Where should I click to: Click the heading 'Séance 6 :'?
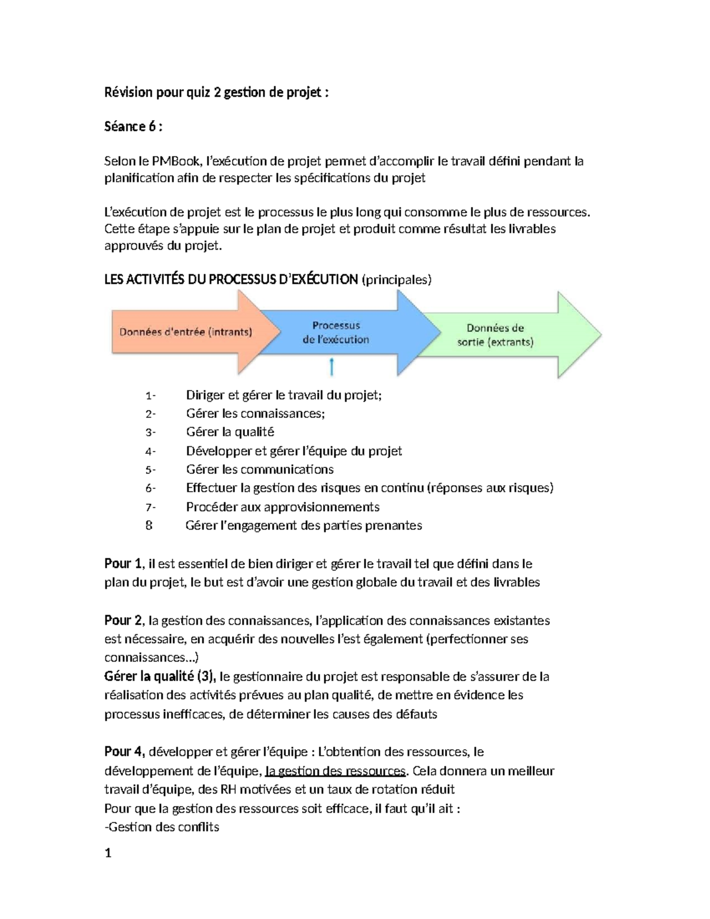click(x=133, y=127)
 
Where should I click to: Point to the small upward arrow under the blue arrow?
click(x=332, y=367)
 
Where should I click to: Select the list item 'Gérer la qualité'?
click(x=230, y=432)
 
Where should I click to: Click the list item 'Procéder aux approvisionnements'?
click(x=282, y=507)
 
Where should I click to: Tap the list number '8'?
click(x=149, y=525)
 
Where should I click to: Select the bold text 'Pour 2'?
click(x=123, y=620)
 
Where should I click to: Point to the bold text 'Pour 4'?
click(x=123, y=752)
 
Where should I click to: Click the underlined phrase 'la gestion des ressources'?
click(x=335, y=771)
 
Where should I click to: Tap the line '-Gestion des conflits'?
click(x=162, y=827)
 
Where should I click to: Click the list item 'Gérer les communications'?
click(x=259, y=470)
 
